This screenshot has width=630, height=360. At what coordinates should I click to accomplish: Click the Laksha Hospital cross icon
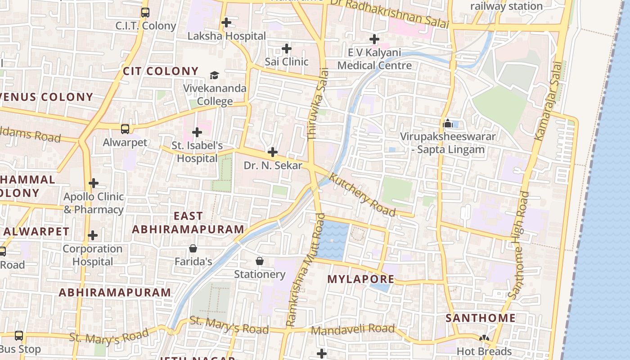click(226, 22)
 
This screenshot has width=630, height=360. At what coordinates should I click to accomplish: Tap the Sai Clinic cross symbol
click(287, 48)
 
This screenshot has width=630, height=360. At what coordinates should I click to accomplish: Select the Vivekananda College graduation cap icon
click(215, 75)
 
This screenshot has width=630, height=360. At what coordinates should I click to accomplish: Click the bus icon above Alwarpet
click(125, 129)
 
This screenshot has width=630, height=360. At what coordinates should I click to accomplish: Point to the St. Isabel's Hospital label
click(197, 152)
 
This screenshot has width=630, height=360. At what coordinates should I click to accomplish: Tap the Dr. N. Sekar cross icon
click(272, 152)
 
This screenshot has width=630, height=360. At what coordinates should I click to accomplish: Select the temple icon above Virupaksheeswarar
click(448, 123)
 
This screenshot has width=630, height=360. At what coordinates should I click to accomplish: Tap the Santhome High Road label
click(519, 245)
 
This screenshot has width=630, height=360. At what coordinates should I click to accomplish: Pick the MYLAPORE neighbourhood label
click(360, 279)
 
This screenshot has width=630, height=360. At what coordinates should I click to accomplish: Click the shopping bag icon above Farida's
click(193, 248)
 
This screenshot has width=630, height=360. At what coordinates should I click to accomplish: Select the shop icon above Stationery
click(260, 261)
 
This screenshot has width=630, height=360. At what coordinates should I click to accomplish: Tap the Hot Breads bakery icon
click(484, 338)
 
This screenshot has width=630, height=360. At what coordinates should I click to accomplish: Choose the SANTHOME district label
click(480, 318)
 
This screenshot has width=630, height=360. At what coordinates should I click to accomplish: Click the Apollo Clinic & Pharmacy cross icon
click(94, 183)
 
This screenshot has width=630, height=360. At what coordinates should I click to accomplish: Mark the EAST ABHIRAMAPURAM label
click(188, 223)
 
